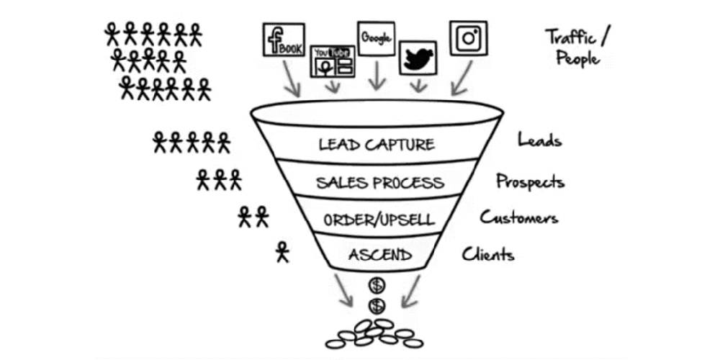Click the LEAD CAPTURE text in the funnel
coord(377,144)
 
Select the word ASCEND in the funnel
coord(379,254)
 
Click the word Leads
coord(539,140)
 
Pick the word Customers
coord(519,217)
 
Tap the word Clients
coord(488,253)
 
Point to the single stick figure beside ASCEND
coord(282,252)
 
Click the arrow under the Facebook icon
coord(291,81)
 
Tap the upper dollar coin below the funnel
coord(376,284)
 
